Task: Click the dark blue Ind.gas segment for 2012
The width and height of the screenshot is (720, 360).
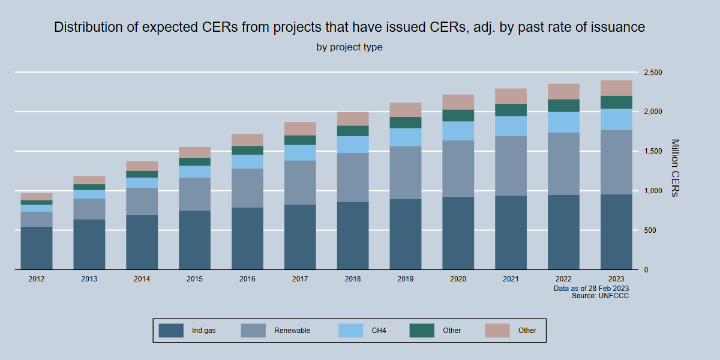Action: click(x=37, y=248)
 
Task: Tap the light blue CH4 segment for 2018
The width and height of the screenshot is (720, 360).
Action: click(x=353, y=145)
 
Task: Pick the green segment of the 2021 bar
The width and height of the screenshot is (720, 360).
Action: click(x=511, y=110)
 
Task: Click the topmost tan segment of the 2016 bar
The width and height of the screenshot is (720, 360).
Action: click(x=247, y=140)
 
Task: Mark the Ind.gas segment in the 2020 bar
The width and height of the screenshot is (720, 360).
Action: click(x=458, y=233)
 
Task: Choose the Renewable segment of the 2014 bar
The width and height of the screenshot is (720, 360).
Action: click(x=142, y=201)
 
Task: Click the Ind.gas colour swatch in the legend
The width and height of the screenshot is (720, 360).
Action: click(x=171, y=331)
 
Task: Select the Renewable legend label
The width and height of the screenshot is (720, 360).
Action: click(x=292, y=331)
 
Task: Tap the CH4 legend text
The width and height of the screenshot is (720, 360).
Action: click(x=379, y=331)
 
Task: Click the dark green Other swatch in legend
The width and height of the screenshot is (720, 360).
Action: click(x=422, y=331)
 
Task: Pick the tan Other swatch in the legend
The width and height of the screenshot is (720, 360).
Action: click(x=497, y=331)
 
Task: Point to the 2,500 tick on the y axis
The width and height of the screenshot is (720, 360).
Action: click(x=652, y=73)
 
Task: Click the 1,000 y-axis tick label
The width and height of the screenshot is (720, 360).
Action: click(x=652, y=191)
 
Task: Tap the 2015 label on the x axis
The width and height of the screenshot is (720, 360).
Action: click(x=194, y=280)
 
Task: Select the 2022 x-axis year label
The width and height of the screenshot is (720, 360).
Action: click(x=563, y=280)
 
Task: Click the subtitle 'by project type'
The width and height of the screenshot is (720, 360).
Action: click(x=349, y=47)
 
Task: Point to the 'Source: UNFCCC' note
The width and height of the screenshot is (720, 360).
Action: click(x=600, y=296)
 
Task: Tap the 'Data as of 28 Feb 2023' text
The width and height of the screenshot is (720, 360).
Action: click(x=591, y=289)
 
